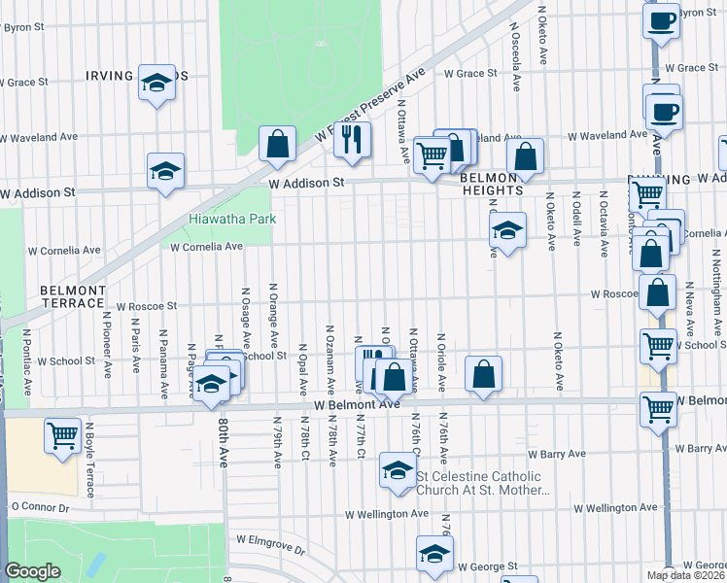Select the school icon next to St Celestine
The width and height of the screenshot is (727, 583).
tap(397, 471)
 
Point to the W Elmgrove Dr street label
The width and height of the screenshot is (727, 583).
tap(266, 550)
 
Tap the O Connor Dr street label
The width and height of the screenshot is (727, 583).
tap(40, 507)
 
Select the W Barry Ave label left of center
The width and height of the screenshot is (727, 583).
tap(557, 454)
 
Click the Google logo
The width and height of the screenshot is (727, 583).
tap(32, 571)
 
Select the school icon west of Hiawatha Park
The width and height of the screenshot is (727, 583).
tap(165, 171)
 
